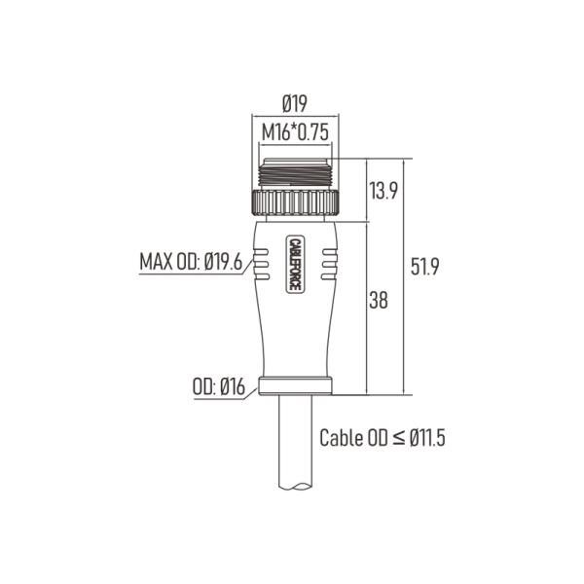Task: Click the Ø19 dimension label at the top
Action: pos(296,102)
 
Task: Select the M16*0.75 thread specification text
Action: pos(295,132)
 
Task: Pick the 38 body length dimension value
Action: pos(379,302)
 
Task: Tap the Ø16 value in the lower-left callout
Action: pos(230,387)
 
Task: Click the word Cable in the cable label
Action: pos(342,438)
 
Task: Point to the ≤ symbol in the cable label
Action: pos(398,438)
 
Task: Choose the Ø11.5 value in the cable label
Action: pos(426,438)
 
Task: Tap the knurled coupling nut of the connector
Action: pos(295,203)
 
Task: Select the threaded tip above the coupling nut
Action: pos(295,173)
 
